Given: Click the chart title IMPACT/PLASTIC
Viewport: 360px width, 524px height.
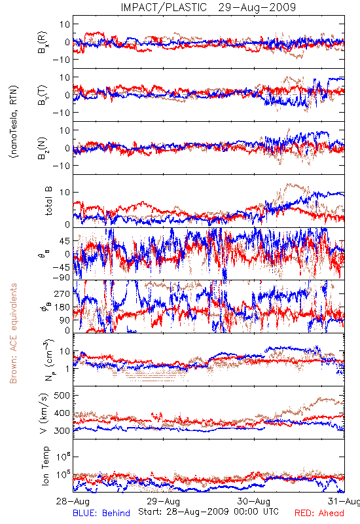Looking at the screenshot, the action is [x=164, y=7].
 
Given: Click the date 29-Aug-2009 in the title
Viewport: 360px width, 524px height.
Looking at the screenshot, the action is [x=257, y=7].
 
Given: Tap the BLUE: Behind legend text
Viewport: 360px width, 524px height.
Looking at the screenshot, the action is [x=101, y=513].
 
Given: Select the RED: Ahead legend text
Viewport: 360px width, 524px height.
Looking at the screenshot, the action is [x=319, y=513].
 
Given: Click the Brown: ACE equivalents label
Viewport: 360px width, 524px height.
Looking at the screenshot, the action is [x=13, y=333].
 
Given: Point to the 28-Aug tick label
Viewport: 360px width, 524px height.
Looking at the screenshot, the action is [x=73, y=501].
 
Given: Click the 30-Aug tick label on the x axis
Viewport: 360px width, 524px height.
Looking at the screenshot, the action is [x=254, y=501].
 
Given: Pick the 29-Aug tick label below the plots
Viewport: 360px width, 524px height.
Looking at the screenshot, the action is [x=163, y=501].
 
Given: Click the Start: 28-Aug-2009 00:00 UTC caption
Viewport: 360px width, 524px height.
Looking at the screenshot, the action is [x=208, y=512].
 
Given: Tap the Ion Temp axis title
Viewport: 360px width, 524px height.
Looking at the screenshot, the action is [x=46, y=466].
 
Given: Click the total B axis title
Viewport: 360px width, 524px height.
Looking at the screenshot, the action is [x=48, y=201].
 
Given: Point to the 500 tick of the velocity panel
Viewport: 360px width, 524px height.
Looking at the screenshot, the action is [x=62, y=396].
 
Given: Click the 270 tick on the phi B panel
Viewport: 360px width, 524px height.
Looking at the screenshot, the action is [x=62, y=294].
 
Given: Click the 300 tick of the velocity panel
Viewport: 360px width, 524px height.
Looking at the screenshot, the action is [x=62, y=431].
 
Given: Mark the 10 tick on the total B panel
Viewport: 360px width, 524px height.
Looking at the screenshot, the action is [x=65, y=193].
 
